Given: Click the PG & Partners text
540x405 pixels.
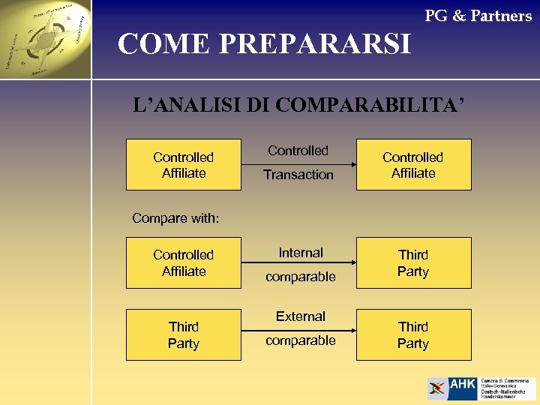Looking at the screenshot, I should click(x=478, y=16).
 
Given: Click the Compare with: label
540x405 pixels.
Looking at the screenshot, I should click(x=175, y=218).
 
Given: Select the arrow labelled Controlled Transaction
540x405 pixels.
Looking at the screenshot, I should click(x=298, y=163).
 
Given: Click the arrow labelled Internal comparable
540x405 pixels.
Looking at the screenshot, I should click(x=298, y=263).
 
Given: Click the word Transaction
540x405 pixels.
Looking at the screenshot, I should click(x=298, y=175).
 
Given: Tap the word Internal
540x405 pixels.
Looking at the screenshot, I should click(x=301, y=253).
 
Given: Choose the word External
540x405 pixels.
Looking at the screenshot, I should click(x=301, y=316).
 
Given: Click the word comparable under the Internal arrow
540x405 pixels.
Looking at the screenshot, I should click(x=301, y=277).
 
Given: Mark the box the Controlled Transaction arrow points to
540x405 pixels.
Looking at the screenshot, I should click(x=413, y=164).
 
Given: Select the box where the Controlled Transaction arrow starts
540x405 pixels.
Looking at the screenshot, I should click(x=184, y=164).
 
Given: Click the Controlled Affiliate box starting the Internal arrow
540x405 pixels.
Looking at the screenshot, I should click(x=184, y=262).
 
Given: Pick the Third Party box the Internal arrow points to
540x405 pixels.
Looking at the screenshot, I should click(x=413, y=262).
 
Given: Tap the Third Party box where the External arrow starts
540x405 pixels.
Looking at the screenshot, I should click(x=184, y=334).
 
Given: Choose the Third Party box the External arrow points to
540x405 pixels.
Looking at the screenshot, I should click(x=413, y=334).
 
